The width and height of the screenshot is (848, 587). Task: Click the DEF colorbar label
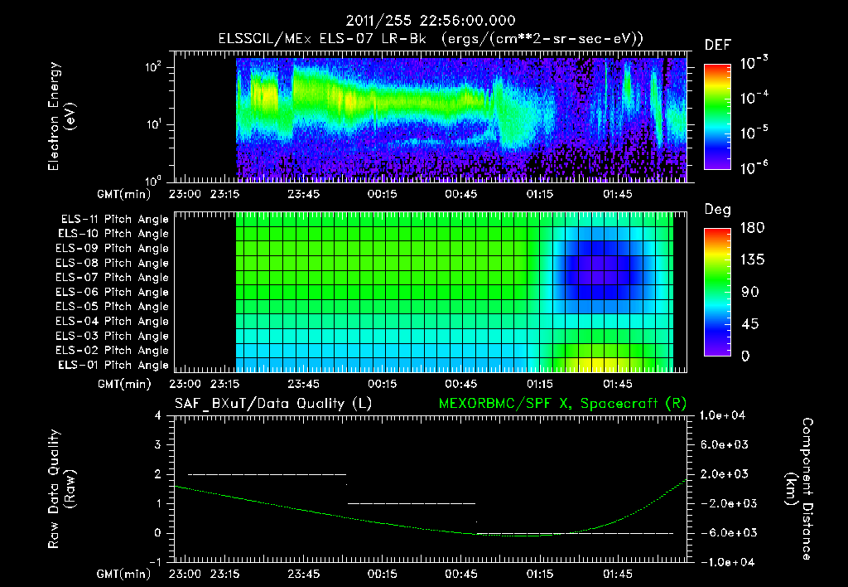(717, 45)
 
